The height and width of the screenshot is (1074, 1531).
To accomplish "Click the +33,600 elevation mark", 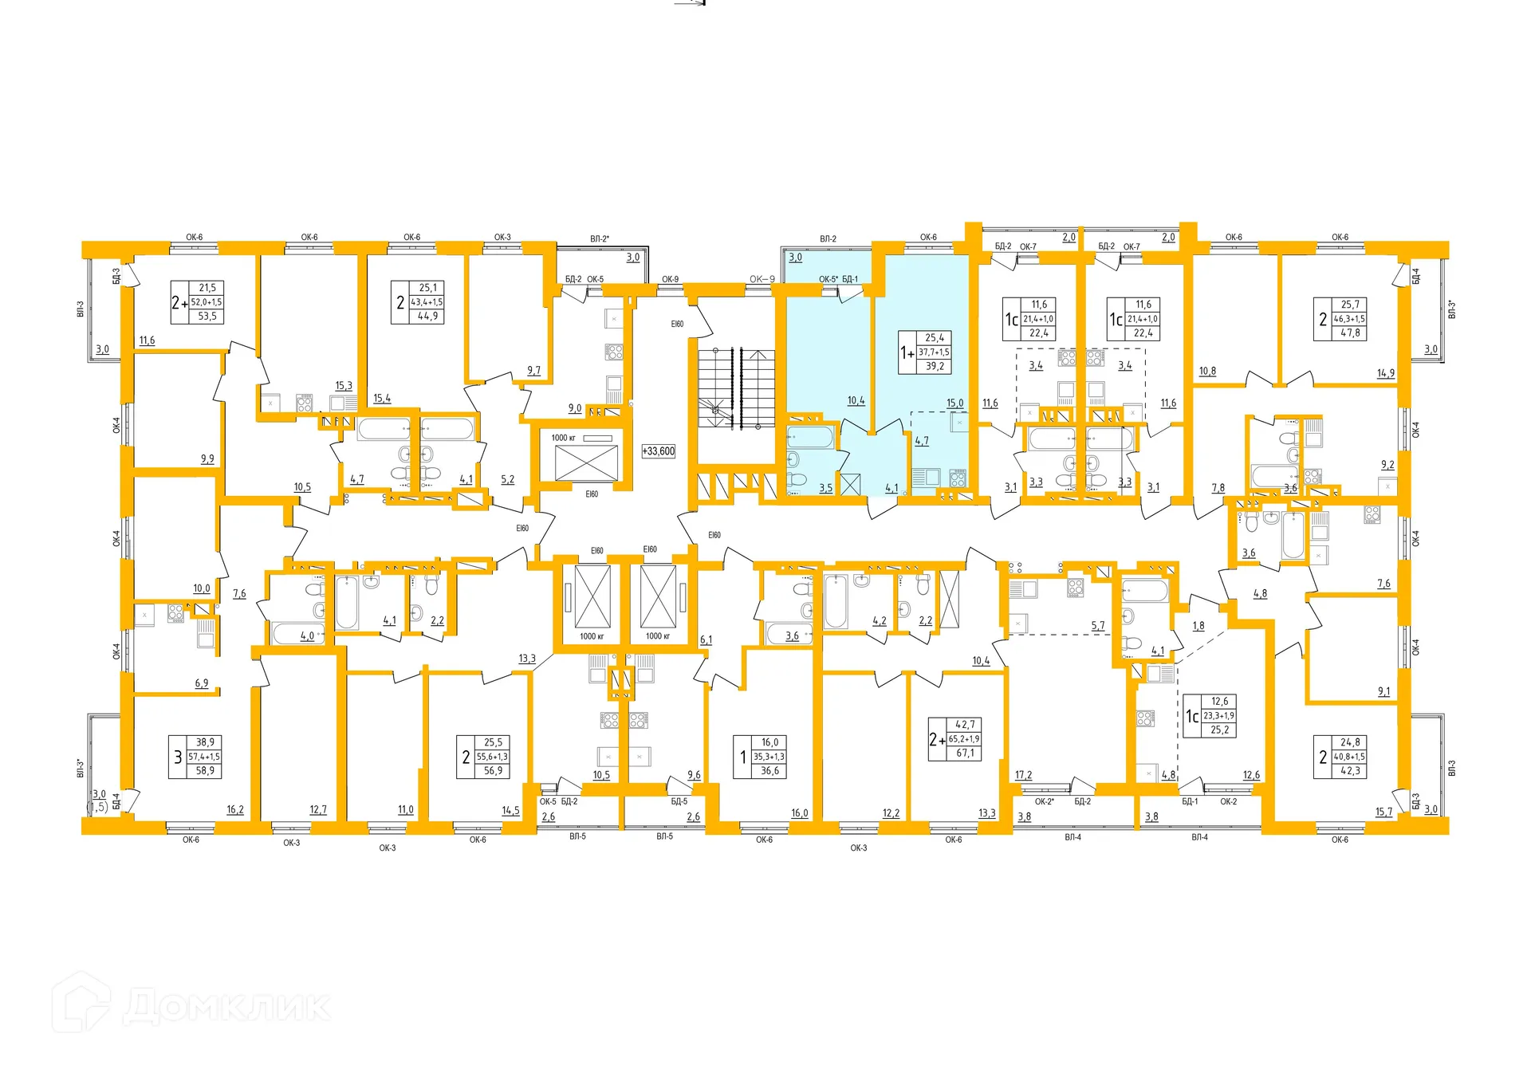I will pyautogui.click(x=659, y=451).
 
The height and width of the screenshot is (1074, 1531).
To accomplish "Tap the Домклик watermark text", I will pyautogui.click(x=226, y=1006).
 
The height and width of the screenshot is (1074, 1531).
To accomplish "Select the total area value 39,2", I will pyautogui.click(x=935, y=367).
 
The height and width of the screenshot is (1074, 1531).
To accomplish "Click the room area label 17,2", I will pyautogui.click(x=1023, y=775).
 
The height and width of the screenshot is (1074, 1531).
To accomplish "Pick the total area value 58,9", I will pyautogui.click(x=205, y=771).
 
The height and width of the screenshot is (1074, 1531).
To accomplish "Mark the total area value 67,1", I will pyautogui.click(x=965, y=753).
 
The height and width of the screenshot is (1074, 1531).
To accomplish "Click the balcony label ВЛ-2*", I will pyautogui.click(x=599, y=239).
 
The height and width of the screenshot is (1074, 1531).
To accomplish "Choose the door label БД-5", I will pyautogui.click(x=679, y=801).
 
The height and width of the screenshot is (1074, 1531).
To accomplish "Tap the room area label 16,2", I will pyautogui.click(x=235, y=809).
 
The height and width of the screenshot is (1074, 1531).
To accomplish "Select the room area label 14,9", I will pyautogui.click(x=1386, y=373).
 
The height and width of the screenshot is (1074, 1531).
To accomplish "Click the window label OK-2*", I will pyautogui.click(x=1044, y=801).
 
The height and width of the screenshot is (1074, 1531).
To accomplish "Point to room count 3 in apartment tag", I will pyautogui.click(x=178, y=757).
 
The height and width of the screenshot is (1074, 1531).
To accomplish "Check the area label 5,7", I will pyautogui.click(x=1098, y=626).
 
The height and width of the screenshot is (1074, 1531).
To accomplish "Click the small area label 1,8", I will pyautogui.click(x=1198, y=626).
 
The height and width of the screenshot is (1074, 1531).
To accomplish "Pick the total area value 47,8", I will pyautogui.click(x=1350, y=333).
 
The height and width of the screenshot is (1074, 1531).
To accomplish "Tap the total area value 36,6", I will pyautogui.click(x=769, y=771).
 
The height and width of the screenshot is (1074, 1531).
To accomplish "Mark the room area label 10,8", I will pyautogui.click(x=1207, y=372).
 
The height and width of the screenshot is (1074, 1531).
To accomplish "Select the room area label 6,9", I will pyautogui.click(x=202, y=683).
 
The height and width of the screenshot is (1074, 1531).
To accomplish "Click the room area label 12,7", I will pyautogui.click(x=318, y=809).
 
